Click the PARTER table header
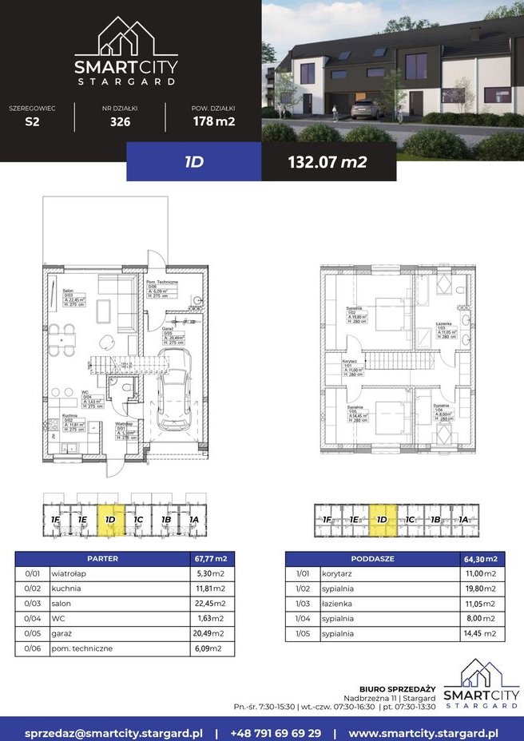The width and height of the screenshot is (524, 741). (x=101, y=558)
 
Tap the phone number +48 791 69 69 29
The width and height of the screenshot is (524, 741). (x=276, y=731)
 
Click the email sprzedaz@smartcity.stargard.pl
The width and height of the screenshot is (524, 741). (x=113, y=731)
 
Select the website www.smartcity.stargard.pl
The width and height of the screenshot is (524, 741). (x=424, y=731)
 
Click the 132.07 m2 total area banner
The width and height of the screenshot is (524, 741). (x=327, y=162)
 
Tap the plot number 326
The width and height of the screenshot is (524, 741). (x=120, y=122)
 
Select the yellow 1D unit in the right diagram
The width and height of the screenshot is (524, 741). (x=383, y=519)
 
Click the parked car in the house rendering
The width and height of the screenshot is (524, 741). (x=365, y=110)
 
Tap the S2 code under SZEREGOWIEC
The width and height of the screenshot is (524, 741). (x=32, y=122)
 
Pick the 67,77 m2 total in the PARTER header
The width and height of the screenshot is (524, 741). (x=211, y=558)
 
